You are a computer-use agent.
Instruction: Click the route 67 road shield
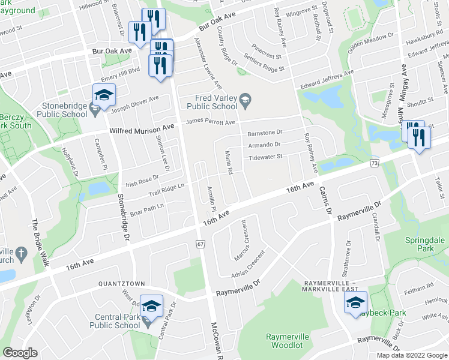click(x=200, y=243)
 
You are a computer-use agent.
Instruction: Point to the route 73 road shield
click(x=374, y=163)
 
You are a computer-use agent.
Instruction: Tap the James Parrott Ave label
click(x=210, y=122)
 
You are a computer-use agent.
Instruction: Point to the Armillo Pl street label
click(x=211, y=201)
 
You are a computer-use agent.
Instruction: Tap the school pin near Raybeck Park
click(x=355, y=303)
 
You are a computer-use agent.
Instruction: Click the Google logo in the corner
click(x=20, y=353)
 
